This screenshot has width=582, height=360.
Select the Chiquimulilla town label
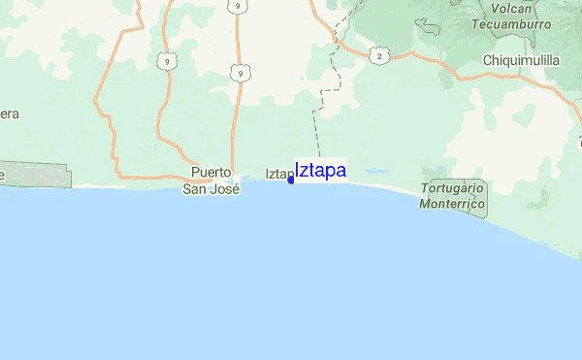click(x=522, y=59)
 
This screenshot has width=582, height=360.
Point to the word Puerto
click(x=211, y=173)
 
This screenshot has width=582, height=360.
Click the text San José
click(x=211, y=188)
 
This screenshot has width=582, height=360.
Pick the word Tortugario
click(x=453, y=189)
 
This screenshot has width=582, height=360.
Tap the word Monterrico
click(x=453, y=205)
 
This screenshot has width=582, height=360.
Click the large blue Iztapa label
click(x=320, y=170)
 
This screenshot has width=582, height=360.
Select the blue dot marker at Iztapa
click(x=291, y=180)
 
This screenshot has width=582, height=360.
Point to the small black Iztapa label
click(x=277, y=175)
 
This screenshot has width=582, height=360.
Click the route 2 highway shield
click(x=378, y=56)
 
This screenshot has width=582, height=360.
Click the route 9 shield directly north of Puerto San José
click(x=238, y=73)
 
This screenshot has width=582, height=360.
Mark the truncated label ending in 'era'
click(x=10, y=114)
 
